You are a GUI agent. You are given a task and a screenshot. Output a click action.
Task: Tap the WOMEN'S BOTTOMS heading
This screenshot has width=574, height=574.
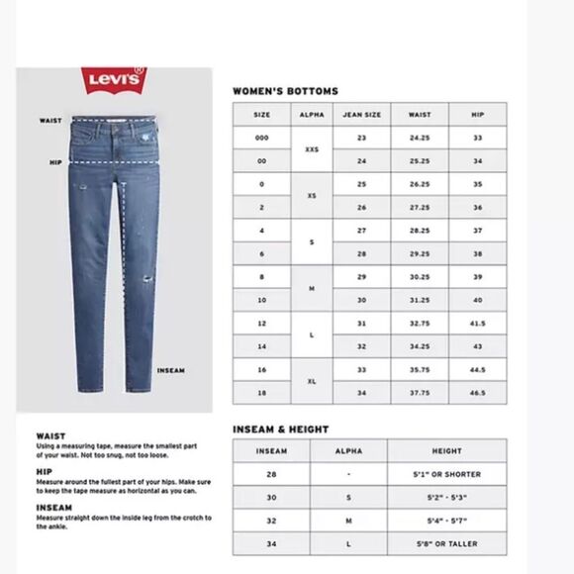[285, 91]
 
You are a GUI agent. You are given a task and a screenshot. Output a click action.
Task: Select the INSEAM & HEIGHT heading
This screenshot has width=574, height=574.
[280, 430]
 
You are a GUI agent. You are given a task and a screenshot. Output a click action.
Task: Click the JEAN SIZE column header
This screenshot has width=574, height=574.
[361, 115]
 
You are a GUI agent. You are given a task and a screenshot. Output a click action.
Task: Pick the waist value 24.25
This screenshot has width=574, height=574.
[419, 138]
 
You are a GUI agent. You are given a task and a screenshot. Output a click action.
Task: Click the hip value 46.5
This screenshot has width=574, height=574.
[477, 393]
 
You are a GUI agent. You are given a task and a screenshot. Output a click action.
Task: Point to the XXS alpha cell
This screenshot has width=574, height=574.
[311, 149]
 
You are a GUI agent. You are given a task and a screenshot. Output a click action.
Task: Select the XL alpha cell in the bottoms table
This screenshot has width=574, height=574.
[311, 381]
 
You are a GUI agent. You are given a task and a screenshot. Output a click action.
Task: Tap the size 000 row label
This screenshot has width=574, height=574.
[261, 138]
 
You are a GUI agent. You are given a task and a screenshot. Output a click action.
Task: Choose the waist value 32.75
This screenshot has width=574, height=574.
[419, 323]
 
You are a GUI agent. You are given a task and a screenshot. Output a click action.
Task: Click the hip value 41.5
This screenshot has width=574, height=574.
[477, 323]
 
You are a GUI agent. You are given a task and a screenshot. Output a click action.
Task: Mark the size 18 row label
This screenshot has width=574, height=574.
[261, 393]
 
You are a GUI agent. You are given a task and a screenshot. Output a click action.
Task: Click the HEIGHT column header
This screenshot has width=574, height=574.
[446, 450]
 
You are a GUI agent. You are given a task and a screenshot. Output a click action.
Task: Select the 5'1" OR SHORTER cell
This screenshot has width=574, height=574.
[446, 474]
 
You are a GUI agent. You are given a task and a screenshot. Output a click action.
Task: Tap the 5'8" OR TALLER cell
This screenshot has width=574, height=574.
[446, 543]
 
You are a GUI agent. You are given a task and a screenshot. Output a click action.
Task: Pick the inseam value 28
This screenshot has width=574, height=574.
[271, 474]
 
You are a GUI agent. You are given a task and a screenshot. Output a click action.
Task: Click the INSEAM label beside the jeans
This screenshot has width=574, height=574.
[170, 371]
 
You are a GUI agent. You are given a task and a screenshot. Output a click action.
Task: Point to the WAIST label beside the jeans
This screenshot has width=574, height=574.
[50, 121]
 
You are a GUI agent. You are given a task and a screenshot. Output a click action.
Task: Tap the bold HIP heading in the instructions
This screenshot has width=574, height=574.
[43, 471]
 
